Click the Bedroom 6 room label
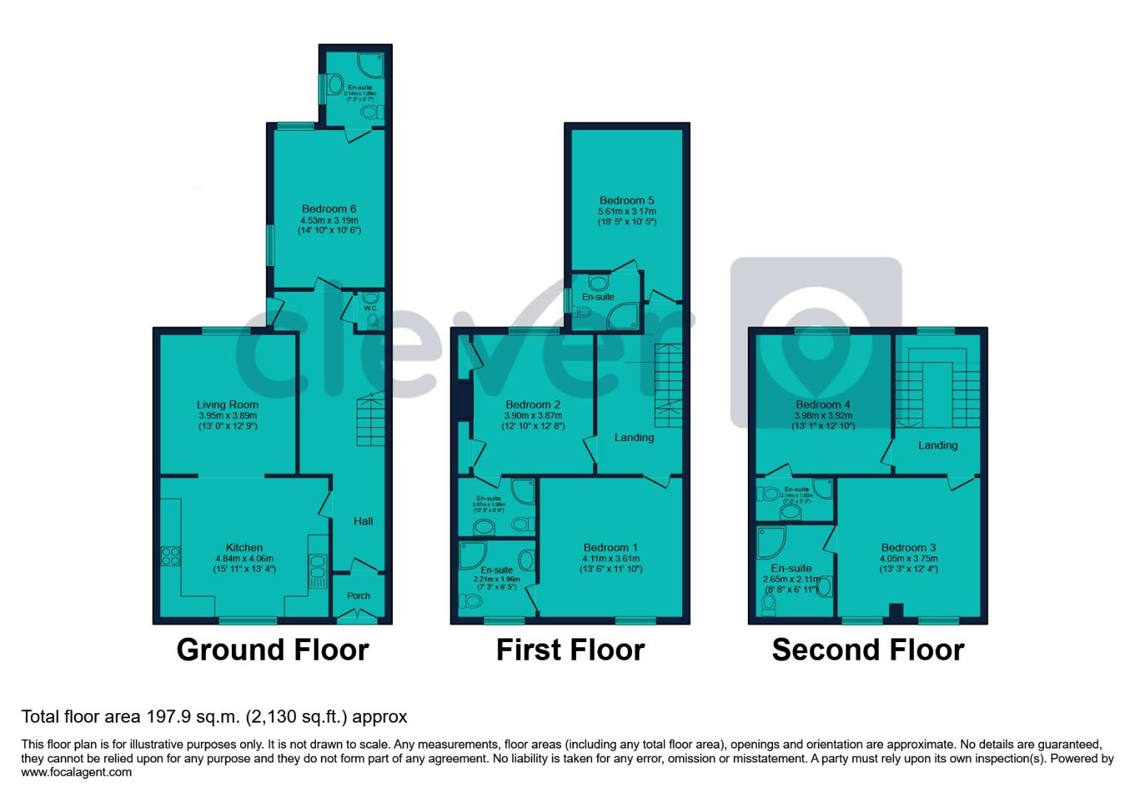pos(329,209)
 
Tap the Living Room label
pos(227,404)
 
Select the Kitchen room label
pos(244,548)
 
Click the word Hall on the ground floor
pos(363,521)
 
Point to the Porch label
pos(358,596)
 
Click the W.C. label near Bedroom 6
pos(370,308)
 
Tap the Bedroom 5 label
pos(626,200)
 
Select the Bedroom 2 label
pos(532,404)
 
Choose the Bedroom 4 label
pos(823,404)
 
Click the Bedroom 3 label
pos(908,548)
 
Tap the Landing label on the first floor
pos(634,437)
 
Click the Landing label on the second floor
pos(938,445)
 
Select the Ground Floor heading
pos(272,649)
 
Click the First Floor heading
pos(570,649)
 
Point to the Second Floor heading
pos(868,649)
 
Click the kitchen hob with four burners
pos(171,555)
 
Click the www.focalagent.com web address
pos(77,772)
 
